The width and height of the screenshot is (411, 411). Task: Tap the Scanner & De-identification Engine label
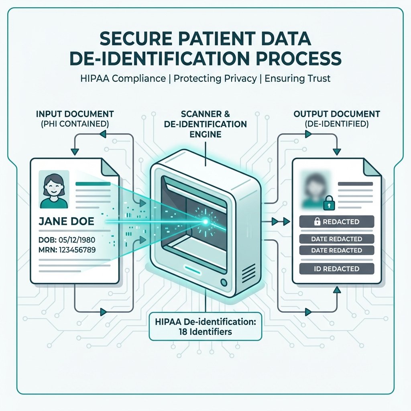click(205, 124)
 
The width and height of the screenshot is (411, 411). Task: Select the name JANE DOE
click(67, 221)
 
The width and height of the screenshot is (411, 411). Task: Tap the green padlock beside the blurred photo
click(329, 203)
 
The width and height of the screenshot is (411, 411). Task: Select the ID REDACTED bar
click(337, 269)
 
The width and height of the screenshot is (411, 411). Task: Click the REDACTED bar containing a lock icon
click(337, 221)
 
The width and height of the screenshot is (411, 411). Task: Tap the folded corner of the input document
click(111, 167)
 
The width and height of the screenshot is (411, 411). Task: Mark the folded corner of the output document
click(373, 167)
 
